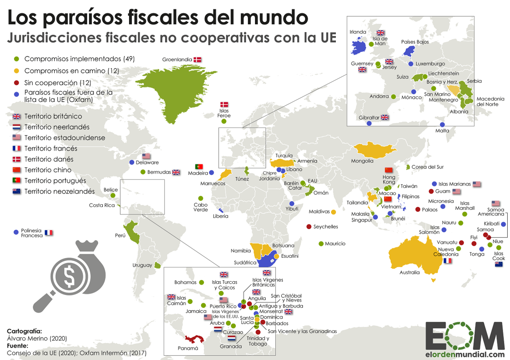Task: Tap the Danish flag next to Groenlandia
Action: (x=198, y=60)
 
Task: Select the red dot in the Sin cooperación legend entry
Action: (x=16, y=83)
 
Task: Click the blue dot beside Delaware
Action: (x=132, y=162)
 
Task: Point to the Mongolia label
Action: (x=362, y=161)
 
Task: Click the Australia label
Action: (x=410, y=272)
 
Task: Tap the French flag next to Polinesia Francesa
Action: (x=49, y=233)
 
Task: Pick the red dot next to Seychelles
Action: (x=308, y=227)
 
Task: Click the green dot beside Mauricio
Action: (x=321, y=243)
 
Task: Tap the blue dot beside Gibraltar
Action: (x=369, y=123)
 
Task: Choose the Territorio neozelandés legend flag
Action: (x=16, y=191)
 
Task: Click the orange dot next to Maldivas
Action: (x=333, y=211)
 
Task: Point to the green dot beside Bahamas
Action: (x=202, y=282)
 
